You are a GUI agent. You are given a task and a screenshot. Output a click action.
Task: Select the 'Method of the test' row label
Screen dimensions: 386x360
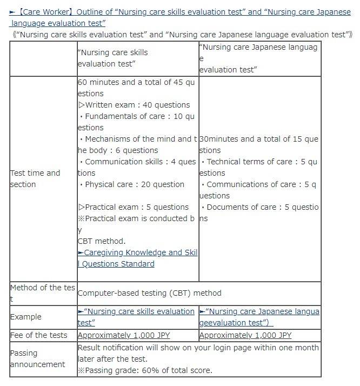42,293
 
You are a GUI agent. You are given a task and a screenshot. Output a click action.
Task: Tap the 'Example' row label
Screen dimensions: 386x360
25,317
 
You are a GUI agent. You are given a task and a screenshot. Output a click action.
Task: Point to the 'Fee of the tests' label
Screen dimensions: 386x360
38,335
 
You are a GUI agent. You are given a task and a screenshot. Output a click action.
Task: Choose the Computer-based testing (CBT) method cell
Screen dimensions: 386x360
149,293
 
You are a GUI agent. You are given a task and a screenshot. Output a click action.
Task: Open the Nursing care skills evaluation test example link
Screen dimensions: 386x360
136,317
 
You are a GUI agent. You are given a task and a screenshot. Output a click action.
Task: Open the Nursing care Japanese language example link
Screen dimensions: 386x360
259,317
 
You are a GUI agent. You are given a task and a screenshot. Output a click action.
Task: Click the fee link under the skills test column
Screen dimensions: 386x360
124,335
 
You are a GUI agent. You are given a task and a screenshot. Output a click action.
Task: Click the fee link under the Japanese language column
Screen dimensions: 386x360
245,335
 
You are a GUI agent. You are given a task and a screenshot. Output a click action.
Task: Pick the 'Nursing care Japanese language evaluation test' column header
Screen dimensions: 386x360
258,58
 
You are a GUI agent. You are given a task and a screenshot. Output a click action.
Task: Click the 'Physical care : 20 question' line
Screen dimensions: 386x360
132,184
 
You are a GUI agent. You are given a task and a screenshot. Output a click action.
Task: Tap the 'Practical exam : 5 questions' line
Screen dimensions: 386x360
134,207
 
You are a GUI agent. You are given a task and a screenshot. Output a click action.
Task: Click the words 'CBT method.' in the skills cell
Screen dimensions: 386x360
102,241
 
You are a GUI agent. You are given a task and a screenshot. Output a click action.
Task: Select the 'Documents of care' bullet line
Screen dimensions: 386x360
259,207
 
